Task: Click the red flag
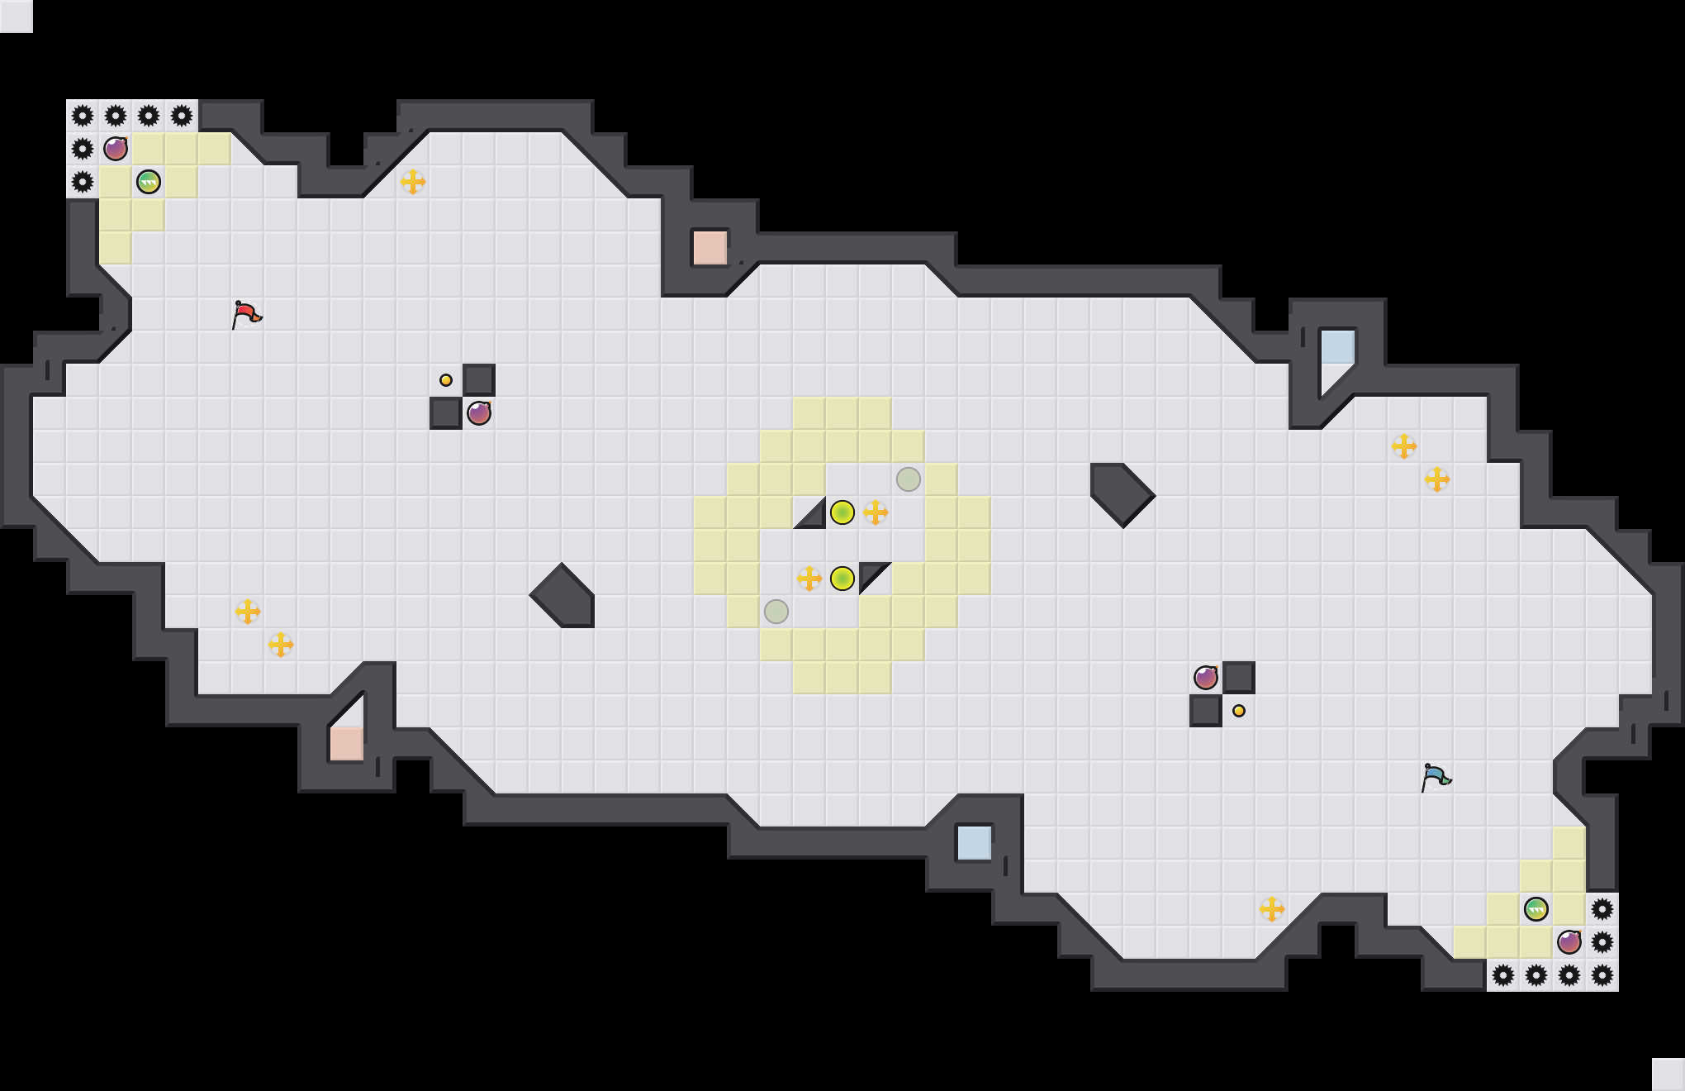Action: coord(246,314)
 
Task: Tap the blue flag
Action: coord(1436,777)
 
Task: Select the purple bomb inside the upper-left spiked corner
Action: coord(116,149)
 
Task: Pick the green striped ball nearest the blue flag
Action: coord(1535,909)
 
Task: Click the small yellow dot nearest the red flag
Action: coord(446,380)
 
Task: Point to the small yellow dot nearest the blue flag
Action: coord(1239,711)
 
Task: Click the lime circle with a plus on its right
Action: coord(842,512)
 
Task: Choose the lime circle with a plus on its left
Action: coord(842,579)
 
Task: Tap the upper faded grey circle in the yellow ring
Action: coord(909,479)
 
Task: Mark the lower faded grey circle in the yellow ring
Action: coord(776,612)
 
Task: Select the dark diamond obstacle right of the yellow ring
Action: coord(1122,494)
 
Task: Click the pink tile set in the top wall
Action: coord(710,248)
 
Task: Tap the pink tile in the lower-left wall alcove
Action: coord(347,743)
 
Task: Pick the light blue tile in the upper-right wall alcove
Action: coord(1337,347)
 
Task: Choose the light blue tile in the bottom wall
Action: coord(975,843)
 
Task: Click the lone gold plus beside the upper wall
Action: coord(413,182)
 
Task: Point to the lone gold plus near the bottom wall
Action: coord(1272,909)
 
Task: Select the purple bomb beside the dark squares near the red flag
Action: coord(479,413)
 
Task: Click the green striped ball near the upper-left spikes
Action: coord(149,182)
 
